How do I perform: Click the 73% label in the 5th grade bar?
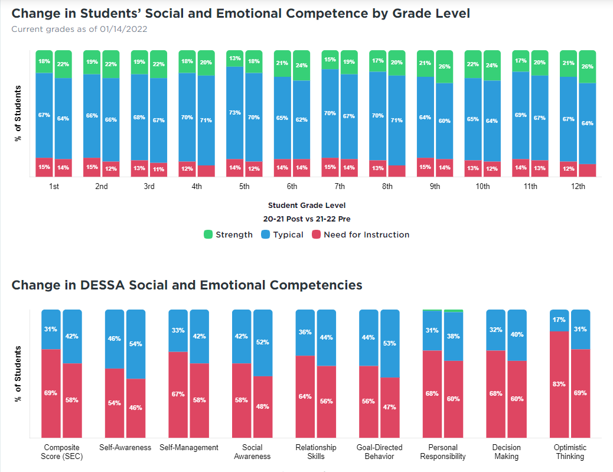(234, 112)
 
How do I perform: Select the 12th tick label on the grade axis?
(578, 187)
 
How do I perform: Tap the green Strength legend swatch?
(208, 235)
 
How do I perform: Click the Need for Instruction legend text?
(366, 235)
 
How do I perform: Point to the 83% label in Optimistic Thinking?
(559, 384)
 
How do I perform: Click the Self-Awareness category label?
(125, 448)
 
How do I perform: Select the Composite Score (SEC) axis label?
(61, 452)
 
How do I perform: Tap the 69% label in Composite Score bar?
(51, 393)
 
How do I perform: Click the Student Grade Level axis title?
(306, 206)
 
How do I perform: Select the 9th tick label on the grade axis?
(435, 187)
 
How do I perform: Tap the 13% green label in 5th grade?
(234, 58)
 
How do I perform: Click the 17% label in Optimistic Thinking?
(559, 320)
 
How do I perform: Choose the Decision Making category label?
(506, 452)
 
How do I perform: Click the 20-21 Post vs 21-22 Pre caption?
(306, 219)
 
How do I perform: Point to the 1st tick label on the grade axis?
(54, 187)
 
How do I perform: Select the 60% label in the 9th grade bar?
(444, 121)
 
